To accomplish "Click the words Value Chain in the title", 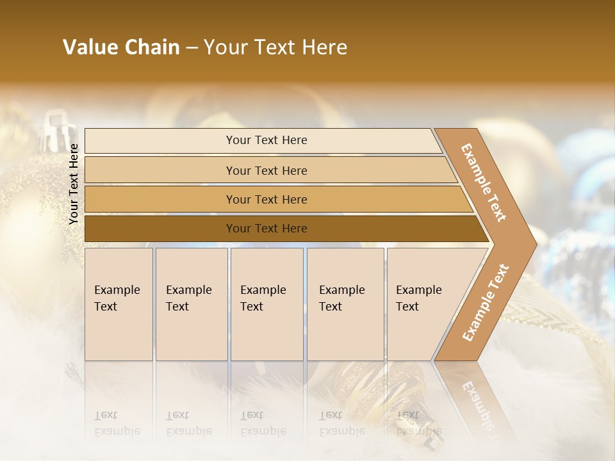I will click(121, 47).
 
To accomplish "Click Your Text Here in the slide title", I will click(275, 47).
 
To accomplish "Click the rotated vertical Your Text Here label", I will click(74, 183).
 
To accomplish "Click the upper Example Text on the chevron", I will click(484, 182).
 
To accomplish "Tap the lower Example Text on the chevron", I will click(485, 302).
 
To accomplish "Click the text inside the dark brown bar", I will click(266, 229).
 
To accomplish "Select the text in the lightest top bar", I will click(266, 140).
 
